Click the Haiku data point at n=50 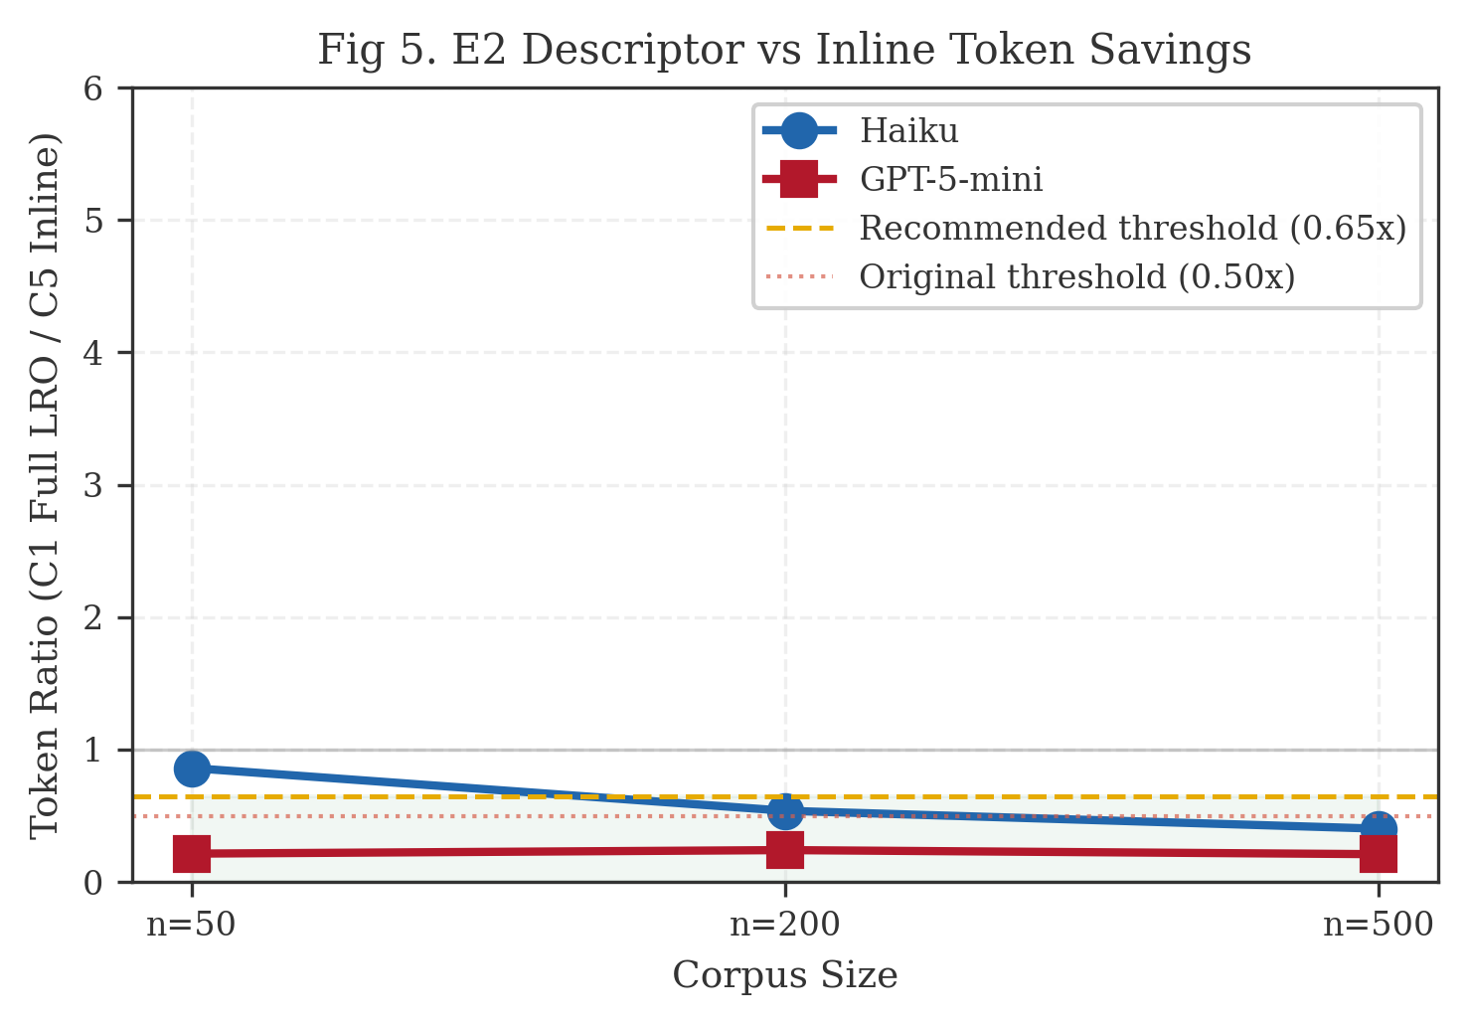point(192,769)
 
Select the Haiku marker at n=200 point(785,811)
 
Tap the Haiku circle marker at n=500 point(1378,829)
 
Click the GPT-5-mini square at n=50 point(192,853)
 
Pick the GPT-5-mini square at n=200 point(785,849)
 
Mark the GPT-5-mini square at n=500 point(1378,853)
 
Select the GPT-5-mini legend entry point(950,179)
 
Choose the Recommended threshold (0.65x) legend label point(1132,228)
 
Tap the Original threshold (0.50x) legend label point(1076,276)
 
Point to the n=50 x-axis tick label point(192,925)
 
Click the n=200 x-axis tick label point(785,925)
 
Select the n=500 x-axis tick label point(1378,925)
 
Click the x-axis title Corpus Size point(785,975)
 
